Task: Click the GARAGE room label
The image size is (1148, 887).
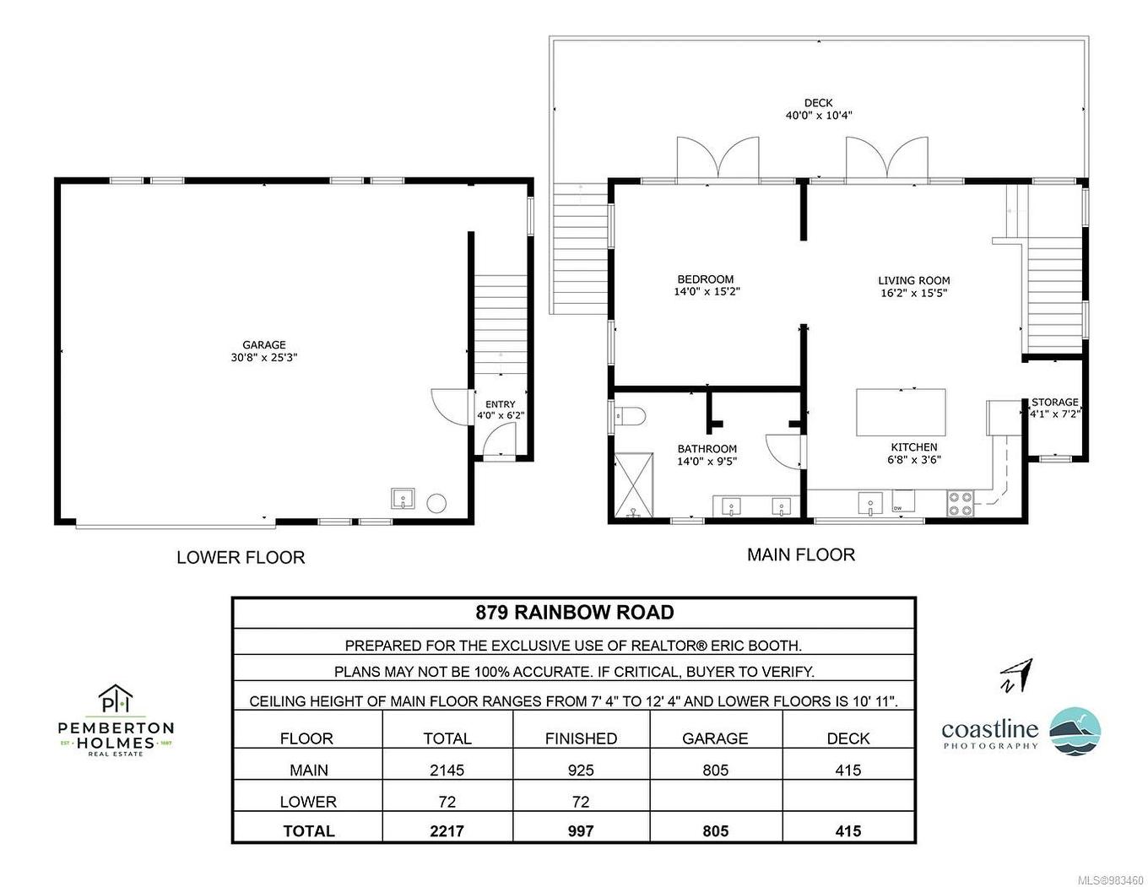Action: [x=263, y=345]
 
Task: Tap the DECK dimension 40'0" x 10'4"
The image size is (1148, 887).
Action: [x=818, y=116]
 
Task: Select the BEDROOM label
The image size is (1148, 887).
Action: [x=705, y=279]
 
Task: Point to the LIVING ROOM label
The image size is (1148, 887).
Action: [x=913, y=281]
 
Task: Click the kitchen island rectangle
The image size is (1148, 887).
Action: [x=900, y=412]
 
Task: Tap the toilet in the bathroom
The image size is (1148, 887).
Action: [x=629, y=415]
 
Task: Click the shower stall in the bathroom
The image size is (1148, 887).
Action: [x=633, y=484]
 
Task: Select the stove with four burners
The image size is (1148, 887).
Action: [x=961, y=504]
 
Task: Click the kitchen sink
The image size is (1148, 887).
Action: [x=870, y=504]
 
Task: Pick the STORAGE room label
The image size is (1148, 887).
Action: [x=1054, y=403]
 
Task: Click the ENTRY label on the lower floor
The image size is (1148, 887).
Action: [x=500, y=405]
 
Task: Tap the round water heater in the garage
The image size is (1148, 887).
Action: [x=436, y=502]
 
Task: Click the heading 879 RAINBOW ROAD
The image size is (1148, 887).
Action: [x=574, y=613]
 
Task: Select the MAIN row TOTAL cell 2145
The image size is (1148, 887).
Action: [x=447, y=770]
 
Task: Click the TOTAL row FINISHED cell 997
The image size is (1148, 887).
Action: [x=581, y=831]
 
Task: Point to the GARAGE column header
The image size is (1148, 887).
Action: [x=714, y=738]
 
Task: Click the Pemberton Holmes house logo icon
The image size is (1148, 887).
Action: [x=116, y=700]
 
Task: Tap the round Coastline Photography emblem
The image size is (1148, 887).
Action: [x=1075, y=731]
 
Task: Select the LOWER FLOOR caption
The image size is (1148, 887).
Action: [x=241, y=558]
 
